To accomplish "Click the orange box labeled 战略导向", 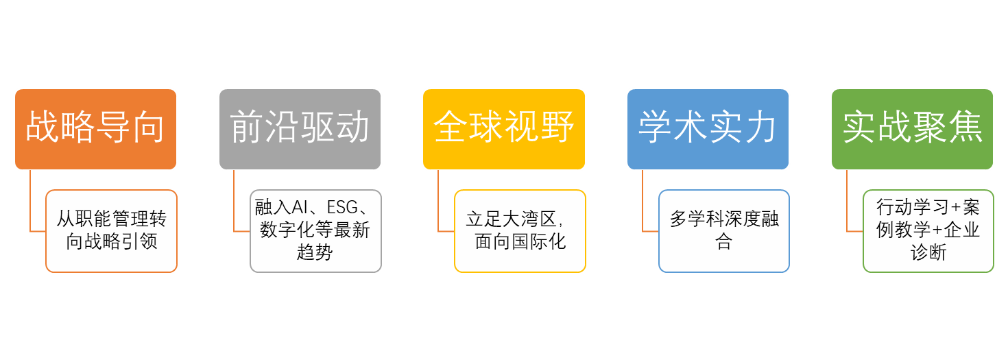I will point(95,129).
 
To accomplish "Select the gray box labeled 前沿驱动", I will point(300,129).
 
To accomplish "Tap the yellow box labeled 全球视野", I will point(504,129).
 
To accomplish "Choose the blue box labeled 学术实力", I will point(708,129).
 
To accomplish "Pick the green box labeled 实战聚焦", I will point(912,129).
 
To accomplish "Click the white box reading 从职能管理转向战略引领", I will point(111,230).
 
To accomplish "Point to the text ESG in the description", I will point(342,208).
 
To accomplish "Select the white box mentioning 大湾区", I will point(520,230).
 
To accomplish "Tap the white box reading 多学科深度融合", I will point(724,230).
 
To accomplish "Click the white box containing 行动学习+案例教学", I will point(928,230).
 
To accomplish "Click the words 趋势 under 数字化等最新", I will point(315,252).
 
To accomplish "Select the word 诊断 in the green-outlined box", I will point(928,252).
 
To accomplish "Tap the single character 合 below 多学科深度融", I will point(724,242).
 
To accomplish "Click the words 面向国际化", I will point(520,241).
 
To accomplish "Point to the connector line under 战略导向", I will point(30,202).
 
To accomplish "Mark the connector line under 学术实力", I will point(643,202).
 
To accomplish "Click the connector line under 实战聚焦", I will point(847,202).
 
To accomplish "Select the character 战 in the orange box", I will point(43,128).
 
